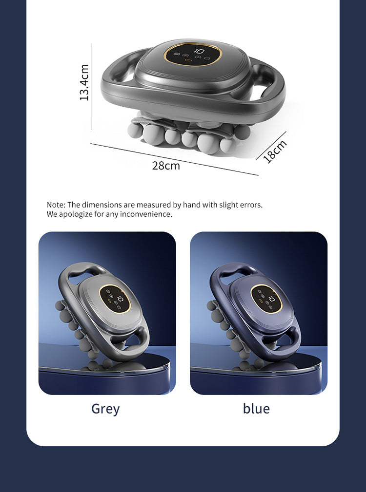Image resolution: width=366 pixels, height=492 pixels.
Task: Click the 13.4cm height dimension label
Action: [x=84, y=82]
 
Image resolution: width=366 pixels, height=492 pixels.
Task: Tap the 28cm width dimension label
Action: [x=166, y=166]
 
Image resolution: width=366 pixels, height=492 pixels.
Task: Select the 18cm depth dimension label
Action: [x=274, y=151]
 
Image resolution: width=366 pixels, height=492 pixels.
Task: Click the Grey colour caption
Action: [x=105, y=409]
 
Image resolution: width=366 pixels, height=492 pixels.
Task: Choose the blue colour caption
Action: [x=256, y=409]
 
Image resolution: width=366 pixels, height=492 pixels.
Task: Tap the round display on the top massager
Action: [x=192, y=54]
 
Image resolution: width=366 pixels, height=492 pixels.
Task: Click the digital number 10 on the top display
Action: [x=199, y=51]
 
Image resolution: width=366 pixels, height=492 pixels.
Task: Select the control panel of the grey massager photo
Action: [x=115, y=299]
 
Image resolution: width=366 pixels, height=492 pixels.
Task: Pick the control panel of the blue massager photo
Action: [x=266, y=299]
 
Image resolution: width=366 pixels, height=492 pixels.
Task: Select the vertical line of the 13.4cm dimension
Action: [x=91, y=86]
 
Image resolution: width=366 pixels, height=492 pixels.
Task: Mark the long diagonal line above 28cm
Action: [x=175, y=159]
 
